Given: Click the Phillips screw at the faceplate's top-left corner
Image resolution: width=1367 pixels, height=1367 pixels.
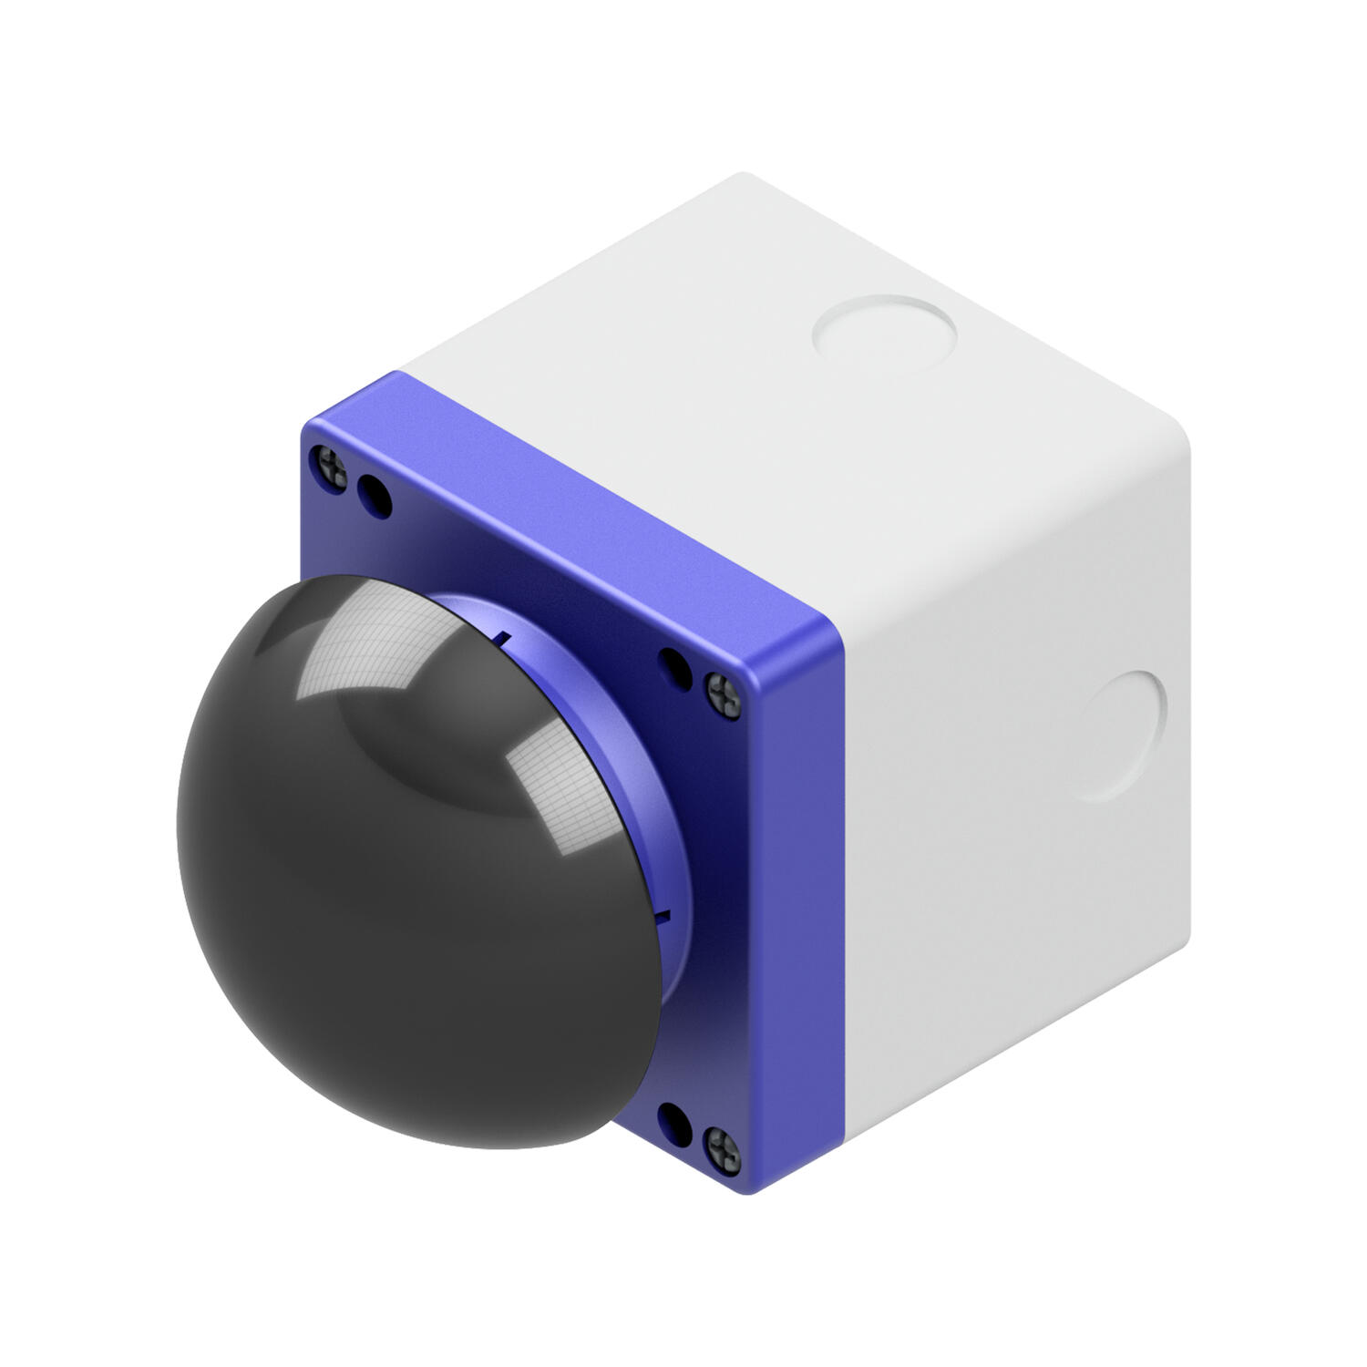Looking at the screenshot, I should (329, 465).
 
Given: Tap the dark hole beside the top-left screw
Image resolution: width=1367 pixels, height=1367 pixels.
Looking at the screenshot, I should (374, 495).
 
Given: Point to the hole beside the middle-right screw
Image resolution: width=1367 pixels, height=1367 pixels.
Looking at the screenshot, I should (676, 666).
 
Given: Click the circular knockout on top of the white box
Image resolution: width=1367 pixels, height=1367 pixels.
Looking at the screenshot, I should (883, 329).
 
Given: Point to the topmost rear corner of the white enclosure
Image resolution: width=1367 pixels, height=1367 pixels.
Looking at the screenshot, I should (743, 175).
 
